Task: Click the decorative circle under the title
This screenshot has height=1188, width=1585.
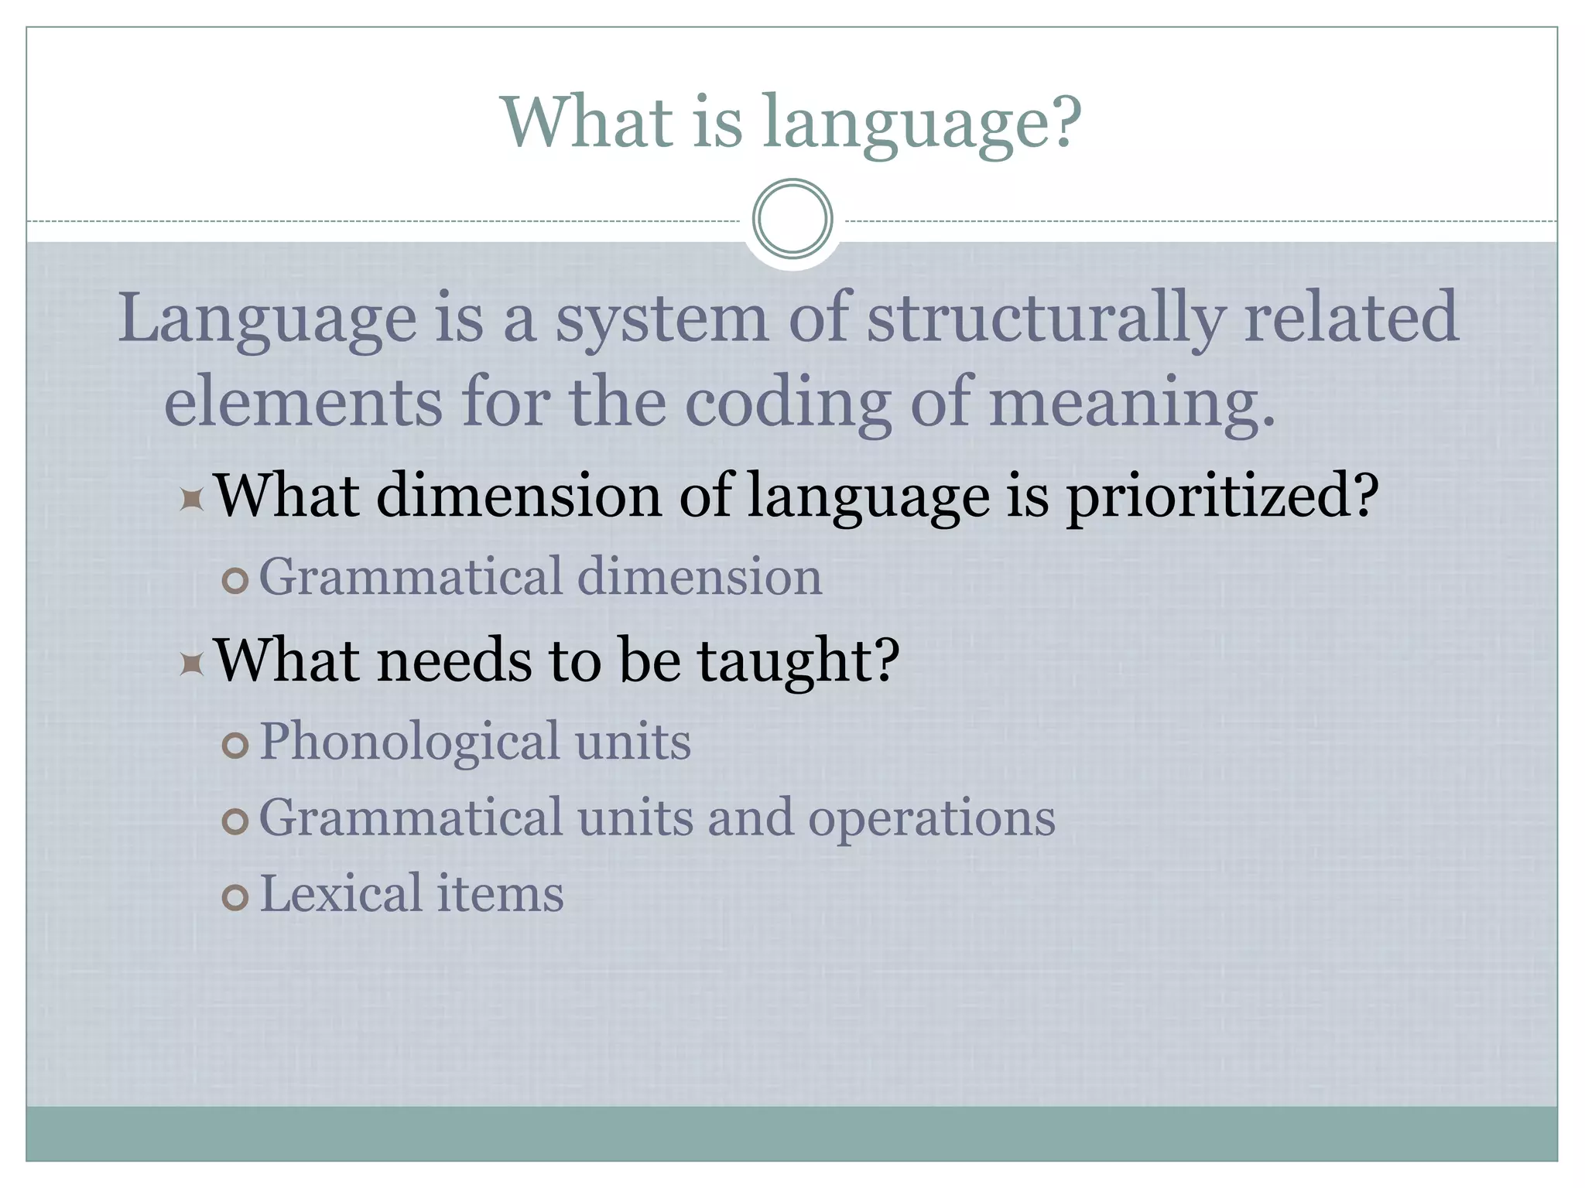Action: click(x=792, y=219)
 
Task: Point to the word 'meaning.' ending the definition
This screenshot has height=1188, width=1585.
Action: click(x=1131, y=402)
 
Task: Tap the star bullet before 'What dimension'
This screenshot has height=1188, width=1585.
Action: click(x=191, y=500)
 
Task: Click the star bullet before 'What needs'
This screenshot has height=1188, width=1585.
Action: click(x=191, y=664)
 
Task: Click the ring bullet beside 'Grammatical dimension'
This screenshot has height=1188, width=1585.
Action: click(x=235, y=581)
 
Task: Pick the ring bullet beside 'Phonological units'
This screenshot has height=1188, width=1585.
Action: click(x=235, y=746)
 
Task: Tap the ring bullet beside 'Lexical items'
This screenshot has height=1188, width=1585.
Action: click(x=235, y=898)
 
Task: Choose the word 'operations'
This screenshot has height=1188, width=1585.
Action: click(x=932, y=819)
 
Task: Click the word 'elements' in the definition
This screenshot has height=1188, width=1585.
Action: click(x=303, y=402)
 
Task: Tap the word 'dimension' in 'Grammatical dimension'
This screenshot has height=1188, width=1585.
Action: click(x=700, y=578)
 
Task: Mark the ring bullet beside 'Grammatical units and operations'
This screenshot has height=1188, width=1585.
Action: click(x=235, y=822)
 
